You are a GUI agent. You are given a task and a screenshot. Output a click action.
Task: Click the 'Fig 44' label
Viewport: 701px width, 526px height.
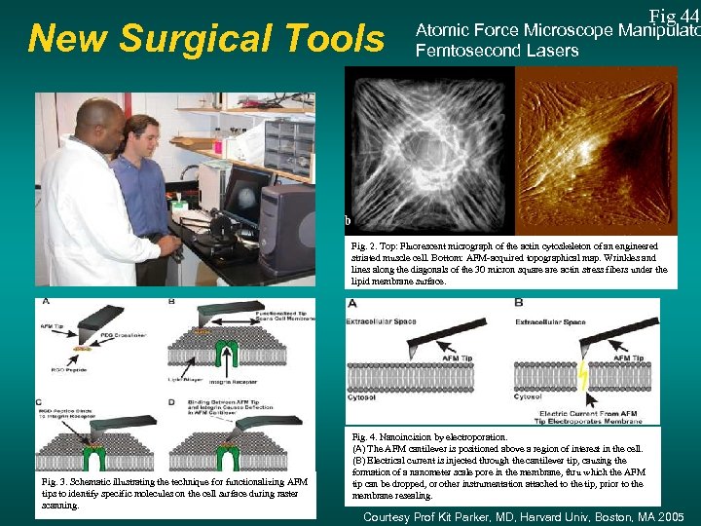(x=674, y=16)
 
